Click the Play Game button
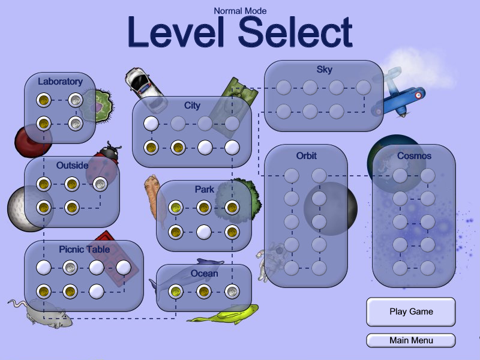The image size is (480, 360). pyautogui.click(x=411, y=312)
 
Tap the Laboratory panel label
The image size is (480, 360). pyautogui.click(x=60, y=82)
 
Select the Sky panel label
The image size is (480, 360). pyautogui.click(x=324, y=70)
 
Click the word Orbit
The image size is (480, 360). pyautogui.click(x=306, y=155)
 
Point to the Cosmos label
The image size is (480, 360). pyautogui.click(x=414, y=155)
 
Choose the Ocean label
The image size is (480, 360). pyautogui.click(x=204, y=274)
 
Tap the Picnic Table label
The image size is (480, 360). pyautogui.click(x=83, y=249)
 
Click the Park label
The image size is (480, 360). pyautogui.click(x=204, y=190)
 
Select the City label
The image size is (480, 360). pyautogui.click(x=192, y=106)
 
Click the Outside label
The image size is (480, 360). pyautogui.click(x=72, y=165)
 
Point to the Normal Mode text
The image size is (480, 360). pyautogui.click(x=240, y=10)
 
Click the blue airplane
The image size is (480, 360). pyautogui.click(x=399, y=96)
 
